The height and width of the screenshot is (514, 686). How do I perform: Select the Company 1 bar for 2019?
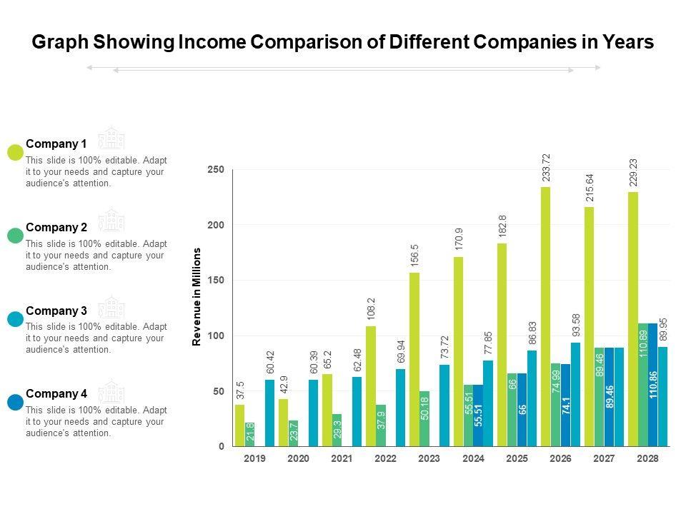click(x=239, y=425)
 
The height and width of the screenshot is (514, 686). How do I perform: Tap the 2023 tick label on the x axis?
click(x=429, y=458)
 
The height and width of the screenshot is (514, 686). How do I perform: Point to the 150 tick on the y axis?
click(x=216, y=281)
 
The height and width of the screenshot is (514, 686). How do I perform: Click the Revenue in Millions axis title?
click(x=197, y=297)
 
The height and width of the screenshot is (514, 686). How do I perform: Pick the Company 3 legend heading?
click(x=56, y=311)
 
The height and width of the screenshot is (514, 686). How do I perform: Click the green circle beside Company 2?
click(x=15, y=235)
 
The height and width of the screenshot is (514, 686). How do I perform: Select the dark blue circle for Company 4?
click(x=15, y=402)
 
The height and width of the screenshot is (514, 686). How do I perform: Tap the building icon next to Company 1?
click(x=111, y=138)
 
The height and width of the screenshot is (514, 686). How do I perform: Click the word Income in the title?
click(x=216, y=43)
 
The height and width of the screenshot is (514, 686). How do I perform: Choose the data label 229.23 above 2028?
click(x=633, y=173)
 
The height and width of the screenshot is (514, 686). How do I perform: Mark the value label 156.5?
click(x=414, y=256)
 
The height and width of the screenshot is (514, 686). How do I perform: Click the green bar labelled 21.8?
click(x=249, y=434)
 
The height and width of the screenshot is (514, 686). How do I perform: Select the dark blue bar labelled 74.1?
click(x=565, y=405)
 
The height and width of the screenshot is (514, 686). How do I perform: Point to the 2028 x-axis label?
click(x=647, y=458)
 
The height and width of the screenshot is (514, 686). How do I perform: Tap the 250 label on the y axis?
click(x=216, y=170)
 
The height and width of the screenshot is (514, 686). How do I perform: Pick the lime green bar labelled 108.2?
click(x=371, y=386)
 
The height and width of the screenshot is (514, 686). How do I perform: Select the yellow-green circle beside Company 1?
click(x=15, y=152)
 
